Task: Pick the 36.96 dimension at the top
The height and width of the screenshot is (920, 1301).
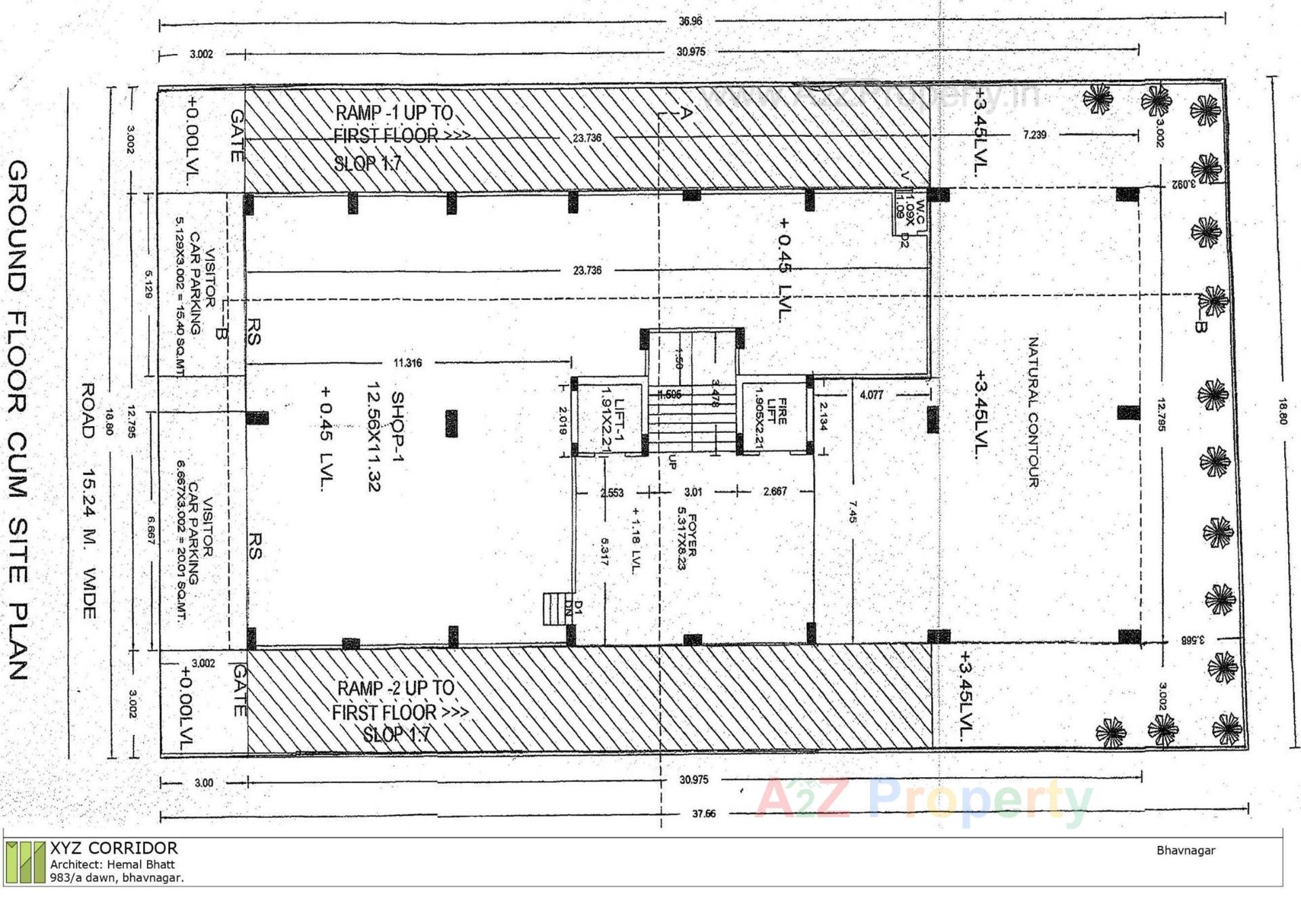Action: click(x=690, y=21)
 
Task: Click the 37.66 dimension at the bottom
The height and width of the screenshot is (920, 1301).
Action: click(x=703, y=814)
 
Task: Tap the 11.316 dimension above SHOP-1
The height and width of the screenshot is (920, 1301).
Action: click(x=407, y=363)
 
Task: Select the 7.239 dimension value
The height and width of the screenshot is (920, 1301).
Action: click(x=1034, y=135)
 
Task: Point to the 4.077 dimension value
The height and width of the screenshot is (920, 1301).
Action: click(x=871, y=395)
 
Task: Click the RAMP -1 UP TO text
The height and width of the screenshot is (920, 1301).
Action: click(x=394, y=112)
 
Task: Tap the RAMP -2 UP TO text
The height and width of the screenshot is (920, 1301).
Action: click(x=396, y=688)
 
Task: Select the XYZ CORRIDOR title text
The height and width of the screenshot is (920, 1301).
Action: click(x=114, y=848)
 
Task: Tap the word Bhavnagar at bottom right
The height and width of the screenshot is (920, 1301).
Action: click(x=1185, y=850)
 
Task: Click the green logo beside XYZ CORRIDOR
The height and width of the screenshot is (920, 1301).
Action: click(x=26, y=862)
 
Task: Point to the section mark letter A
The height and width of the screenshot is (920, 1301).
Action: click(x=686, y=113)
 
